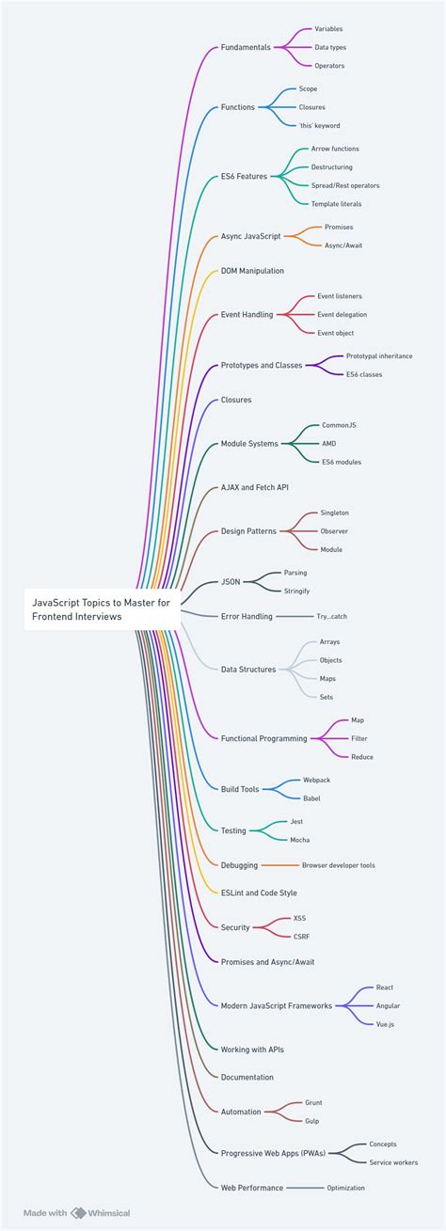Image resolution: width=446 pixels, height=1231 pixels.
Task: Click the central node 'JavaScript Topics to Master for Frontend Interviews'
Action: point(99,609)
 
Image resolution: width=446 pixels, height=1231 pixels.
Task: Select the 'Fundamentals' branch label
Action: point(246,47)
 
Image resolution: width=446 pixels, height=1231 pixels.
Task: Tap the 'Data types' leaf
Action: point(330,47)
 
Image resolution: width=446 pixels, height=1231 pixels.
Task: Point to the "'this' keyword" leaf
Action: point(320,125)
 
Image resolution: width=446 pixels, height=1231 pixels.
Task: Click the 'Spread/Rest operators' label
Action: point(345,185)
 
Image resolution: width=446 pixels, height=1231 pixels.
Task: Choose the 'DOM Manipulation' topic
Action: point(252,271)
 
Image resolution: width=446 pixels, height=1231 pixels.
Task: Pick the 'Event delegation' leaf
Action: point(342,314)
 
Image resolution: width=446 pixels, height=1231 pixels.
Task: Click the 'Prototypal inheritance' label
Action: point(379,356)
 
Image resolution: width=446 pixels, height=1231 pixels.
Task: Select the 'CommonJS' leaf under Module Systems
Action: point(339,425)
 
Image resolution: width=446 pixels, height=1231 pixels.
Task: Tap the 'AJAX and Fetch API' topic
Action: point(254,488)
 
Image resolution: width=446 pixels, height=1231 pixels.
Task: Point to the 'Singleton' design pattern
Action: point(334,513)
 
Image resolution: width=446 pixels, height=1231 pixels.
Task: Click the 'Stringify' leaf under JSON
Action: point(296,591)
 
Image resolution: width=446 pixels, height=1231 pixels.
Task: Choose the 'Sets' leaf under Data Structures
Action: point(327,697)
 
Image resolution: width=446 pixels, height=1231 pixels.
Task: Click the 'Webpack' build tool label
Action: point(316,781)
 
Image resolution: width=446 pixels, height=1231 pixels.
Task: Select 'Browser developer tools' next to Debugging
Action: point(338,865)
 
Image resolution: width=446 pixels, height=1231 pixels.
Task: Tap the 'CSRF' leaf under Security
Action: point(301,937)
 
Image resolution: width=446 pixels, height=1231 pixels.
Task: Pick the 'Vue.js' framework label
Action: point(385,1024)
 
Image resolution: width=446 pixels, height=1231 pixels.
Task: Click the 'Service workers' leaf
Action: point(394,1162)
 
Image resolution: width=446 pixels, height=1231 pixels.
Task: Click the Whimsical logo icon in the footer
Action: point(79,1213)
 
